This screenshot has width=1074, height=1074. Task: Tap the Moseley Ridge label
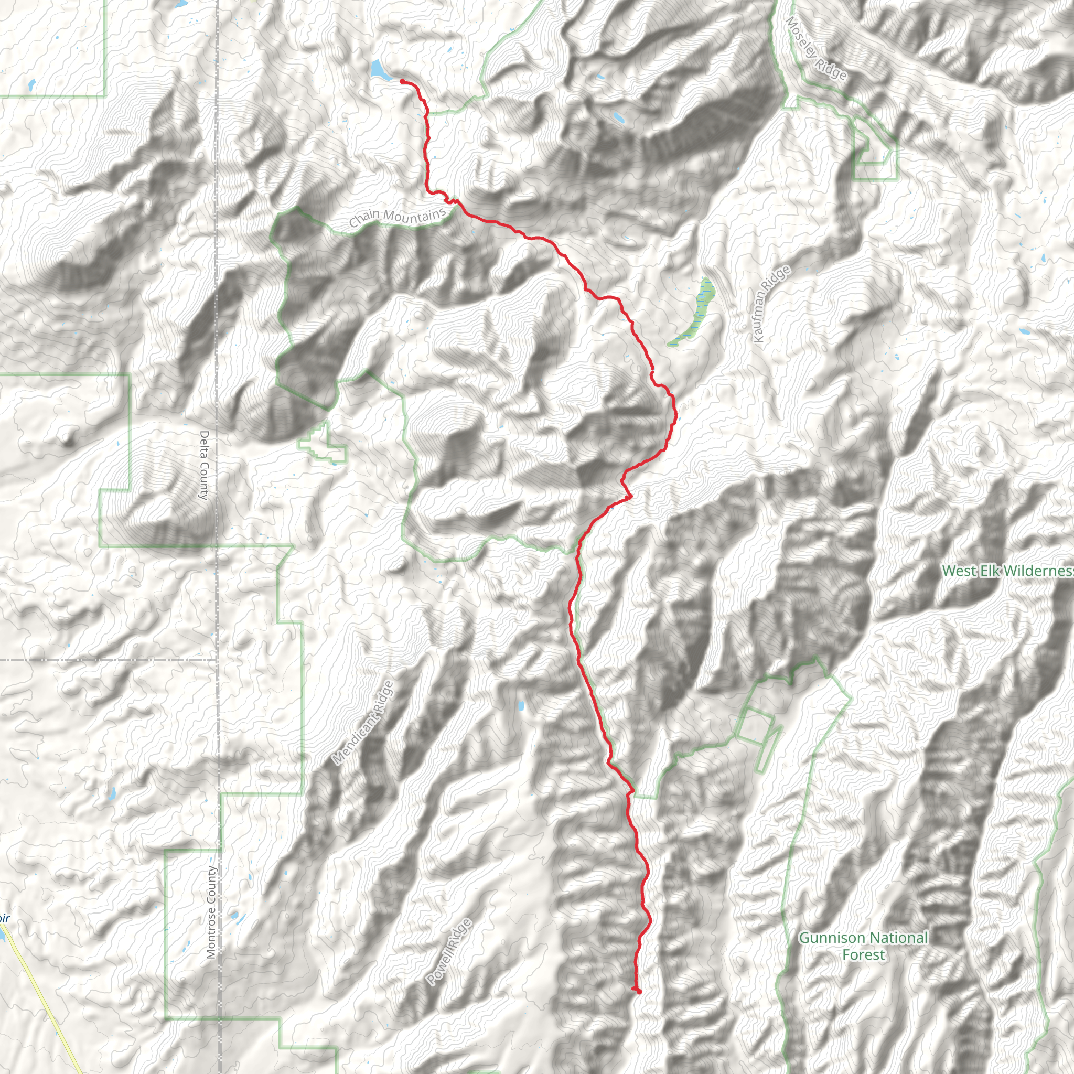pos(816,48)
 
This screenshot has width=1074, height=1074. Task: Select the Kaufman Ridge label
pos(770,304)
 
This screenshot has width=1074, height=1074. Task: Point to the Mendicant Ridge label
pos(362,723)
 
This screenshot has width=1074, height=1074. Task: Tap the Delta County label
pos(204,465)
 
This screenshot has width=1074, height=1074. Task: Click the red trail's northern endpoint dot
pos(402,81)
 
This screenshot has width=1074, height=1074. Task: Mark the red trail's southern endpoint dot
pos(639,991)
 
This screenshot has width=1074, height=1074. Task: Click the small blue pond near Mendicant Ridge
pos(521,706)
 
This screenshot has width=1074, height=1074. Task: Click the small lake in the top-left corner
pos(31,84)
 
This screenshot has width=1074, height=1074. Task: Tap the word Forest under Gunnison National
pos(863,955)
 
